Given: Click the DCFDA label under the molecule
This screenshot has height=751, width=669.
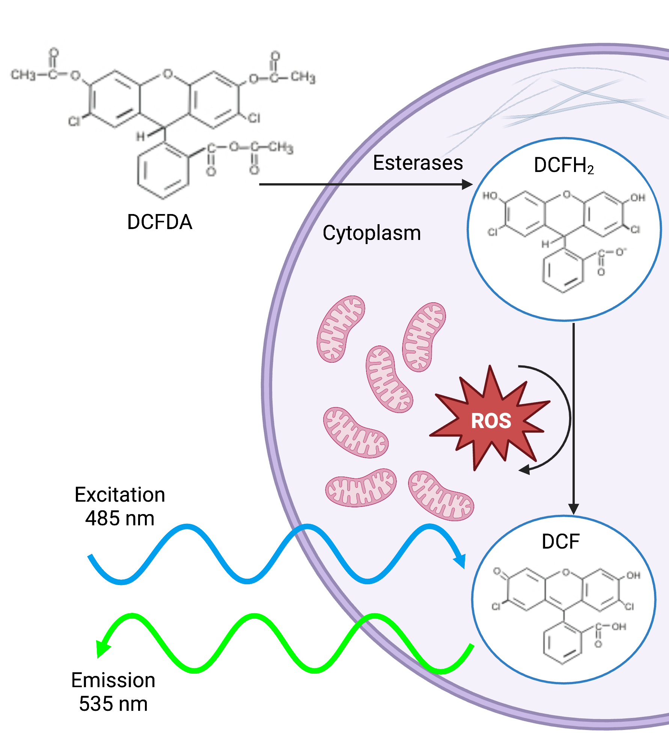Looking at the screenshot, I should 160,222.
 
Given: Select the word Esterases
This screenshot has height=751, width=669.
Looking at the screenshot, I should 418,163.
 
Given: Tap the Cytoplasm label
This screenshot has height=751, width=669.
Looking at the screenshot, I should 372,233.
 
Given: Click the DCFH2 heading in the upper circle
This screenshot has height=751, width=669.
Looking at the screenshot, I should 564,166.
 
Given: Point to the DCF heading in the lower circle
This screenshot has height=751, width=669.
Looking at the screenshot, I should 561,541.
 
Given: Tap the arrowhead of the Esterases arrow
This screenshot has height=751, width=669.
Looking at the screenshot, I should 467,184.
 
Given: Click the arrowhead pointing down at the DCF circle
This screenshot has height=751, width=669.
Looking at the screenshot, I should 573,509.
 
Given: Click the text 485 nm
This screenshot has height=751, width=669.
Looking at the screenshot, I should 120,519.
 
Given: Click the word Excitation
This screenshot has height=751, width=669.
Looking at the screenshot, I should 120,495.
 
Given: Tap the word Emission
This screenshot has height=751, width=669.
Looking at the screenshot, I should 113,680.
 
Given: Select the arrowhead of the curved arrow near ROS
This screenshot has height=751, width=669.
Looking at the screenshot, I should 524,469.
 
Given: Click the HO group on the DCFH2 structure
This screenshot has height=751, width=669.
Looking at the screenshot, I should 490,196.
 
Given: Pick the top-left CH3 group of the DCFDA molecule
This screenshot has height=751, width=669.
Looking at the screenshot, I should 23,75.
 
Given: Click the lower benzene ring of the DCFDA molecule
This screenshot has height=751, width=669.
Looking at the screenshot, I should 163,170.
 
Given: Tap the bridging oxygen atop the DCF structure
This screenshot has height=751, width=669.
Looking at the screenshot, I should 566,573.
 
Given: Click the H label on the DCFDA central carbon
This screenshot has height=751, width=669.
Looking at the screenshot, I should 140,136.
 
